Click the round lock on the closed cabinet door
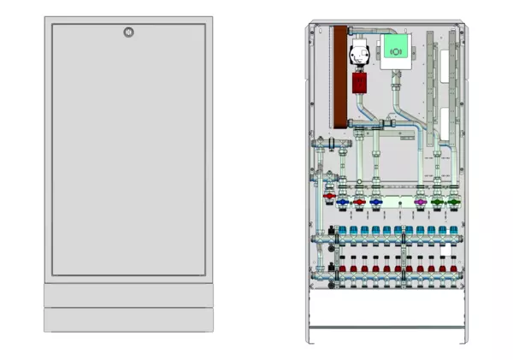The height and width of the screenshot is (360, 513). point(128,33)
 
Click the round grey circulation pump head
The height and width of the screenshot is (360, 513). point(356,55)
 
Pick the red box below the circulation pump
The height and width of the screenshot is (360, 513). point(360,84)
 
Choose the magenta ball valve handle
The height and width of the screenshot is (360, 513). point(420,203)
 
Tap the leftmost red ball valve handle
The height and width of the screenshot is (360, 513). point(329,198)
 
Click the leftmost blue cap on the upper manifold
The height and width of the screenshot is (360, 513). point(343,231)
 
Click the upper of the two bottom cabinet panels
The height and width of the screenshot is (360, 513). point(128,294)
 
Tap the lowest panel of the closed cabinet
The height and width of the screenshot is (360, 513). point(128,320)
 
